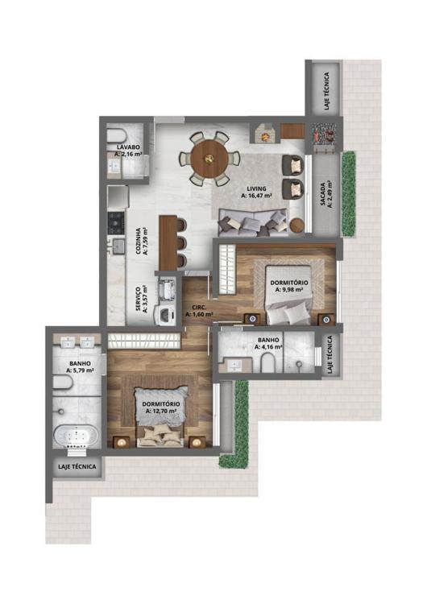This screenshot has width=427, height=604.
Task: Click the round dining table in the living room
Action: [209, 158]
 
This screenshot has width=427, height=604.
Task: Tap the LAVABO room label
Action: [128, 147]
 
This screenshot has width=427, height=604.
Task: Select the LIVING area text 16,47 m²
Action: [257, 196]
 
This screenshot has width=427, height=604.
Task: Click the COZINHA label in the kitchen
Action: [138, 241]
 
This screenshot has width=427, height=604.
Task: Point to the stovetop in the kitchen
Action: [116, 223]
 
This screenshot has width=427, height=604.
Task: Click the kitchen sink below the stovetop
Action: [118, 246]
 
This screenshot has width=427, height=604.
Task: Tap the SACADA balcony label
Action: [323, 193]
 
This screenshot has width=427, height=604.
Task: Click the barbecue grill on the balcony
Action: [324, 136]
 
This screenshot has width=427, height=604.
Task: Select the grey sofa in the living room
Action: [253, 222]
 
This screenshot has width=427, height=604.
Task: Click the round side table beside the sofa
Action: [297, 225]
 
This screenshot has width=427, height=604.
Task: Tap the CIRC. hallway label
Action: [199, 308]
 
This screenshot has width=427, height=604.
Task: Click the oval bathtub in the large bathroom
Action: [76, 436]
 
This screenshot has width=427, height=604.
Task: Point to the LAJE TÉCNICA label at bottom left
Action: [77, 466]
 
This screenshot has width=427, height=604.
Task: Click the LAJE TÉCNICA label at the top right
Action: [327, 92]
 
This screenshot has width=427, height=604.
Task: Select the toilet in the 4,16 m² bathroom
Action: [267, 364]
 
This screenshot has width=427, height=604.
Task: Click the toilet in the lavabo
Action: [117, 135]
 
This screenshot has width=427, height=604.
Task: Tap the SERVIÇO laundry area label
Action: [138, 299]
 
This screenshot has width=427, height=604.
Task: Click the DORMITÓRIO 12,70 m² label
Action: [161, 407]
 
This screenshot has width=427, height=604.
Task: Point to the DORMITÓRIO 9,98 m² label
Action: [289, 286]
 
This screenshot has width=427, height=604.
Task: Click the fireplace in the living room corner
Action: [264, 133]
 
